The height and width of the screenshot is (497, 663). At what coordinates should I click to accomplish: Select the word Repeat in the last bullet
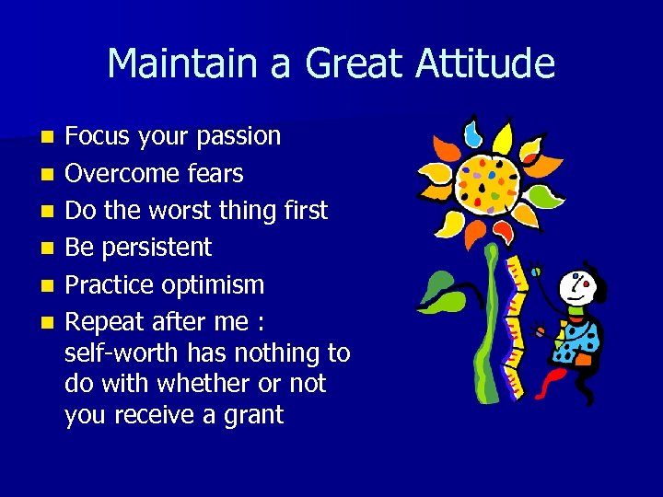(x=105, y=322)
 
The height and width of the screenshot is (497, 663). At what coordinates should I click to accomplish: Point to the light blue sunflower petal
(x=472, y=134)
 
